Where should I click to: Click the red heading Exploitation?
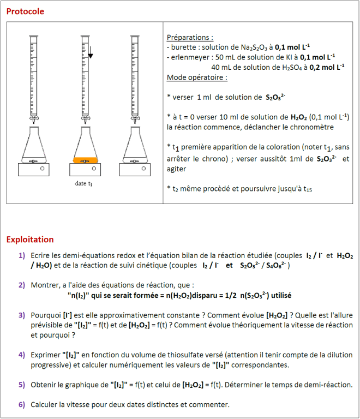[x=30, y=240]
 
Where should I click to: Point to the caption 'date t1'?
[x=84, y=184]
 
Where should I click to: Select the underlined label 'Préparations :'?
[x=190, y=38]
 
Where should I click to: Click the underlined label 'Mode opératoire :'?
[x=197, y=77]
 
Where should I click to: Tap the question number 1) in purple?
[x=21, y=255]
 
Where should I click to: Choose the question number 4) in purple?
[x=21, y=355]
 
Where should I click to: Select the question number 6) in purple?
[x=21, y=404]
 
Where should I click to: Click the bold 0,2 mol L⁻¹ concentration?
[x=327, y=67]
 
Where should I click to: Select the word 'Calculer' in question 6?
[x=45, y=404]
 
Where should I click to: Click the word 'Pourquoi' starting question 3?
[x=47, y=315]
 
